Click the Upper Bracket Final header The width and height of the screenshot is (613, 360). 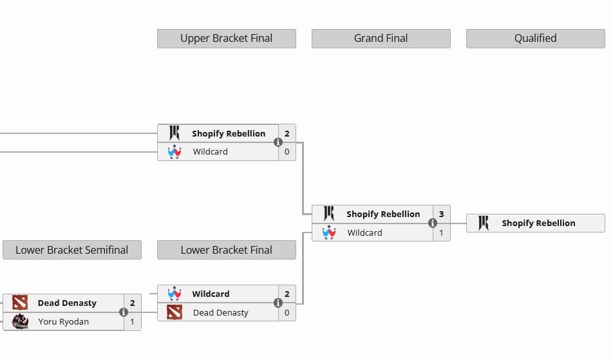point(226,39)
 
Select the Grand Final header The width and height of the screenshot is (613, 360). point(381,39)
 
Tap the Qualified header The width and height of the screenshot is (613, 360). point(535,39)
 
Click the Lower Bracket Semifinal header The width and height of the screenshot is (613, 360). point(71,250)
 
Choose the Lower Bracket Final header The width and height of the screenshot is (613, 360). point(226,250)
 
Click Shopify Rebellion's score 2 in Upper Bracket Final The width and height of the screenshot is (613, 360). point(287,133)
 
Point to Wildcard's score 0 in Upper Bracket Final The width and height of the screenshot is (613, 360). point(287,152)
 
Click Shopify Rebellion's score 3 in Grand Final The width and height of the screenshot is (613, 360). point(442,214)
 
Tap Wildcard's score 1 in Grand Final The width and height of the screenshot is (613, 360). point(442,232)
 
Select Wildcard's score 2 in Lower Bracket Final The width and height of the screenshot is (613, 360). point(287,294)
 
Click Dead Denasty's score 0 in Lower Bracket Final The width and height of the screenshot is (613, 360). point(287,312)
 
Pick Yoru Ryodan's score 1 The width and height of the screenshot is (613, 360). point(133,321)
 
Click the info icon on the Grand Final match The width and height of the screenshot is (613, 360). point(433,223)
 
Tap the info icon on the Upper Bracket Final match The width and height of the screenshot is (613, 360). point(278,142)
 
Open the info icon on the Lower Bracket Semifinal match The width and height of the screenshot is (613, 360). point(124,312)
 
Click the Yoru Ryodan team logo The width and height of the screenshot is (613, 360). point(20,321)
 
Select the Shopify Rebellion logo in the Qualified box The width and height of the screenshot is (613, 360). point(484,223)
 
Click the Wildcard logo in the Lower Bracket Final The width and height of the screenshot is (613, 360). point(174,294)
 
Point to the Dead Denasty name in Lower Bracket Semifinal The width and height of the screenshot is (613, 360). point(67,303)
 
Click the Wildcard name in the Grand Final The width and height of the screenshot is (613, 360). point(364,232)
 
